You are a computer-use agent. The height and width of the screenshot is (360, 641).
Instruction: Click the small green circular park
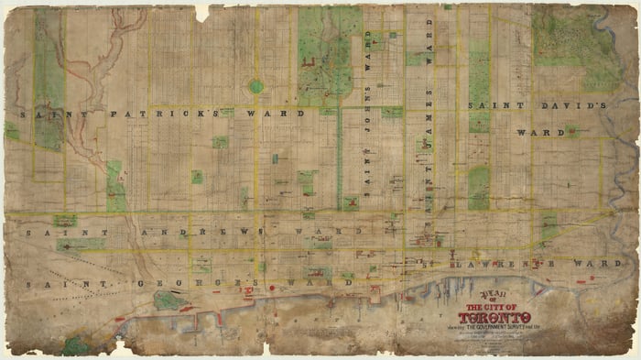point(256,86)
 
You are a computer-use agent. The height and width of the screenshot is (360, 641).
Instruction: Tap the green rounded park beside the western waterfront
point(168,300)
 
